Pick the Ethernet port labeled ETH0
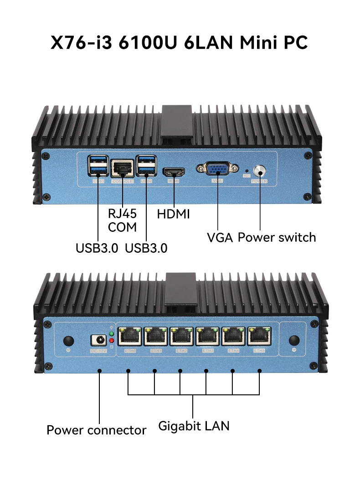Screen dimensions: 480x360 (130, 337)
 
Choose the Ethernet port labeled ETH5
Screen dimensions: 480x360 (259, 337)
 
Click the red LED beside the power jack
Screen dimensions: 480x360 (111, 340)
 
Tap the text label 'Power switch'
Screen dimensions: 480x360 (277, 237)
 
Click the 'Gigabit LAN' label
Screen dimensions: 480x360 (194, 426)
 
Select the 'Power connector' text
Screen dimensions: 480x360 (97, 430)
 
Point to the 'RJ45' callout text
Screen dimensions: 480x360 (122, 213)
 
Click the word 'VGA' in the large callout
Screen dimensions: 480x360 (220, 237)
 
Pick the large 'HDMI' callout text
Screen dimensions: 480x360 (173, 214)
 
